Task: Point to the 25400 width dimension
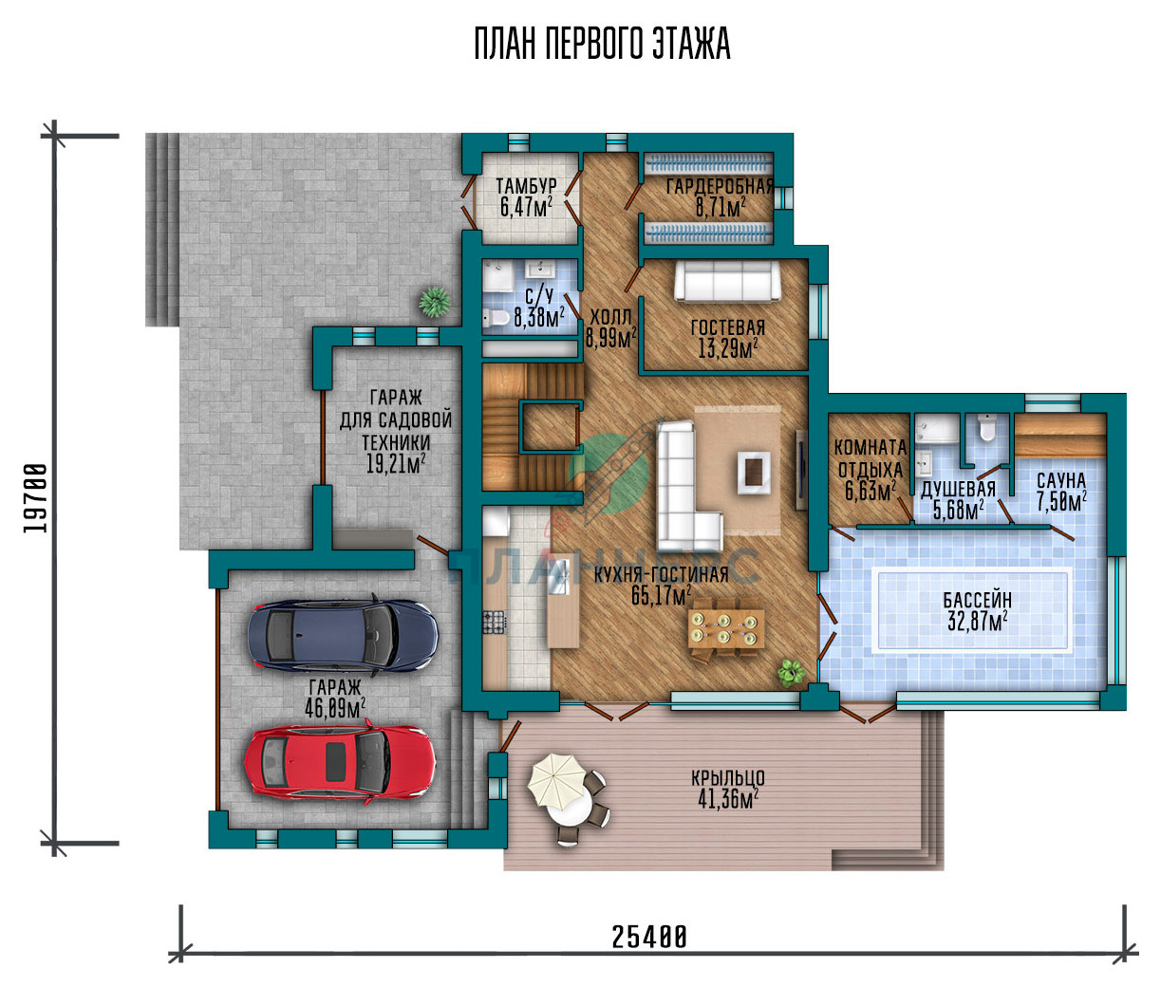point(648,937)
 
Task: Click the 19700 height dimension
point(35,498)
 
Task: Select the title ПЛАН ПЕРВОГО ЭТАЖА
point(602,44)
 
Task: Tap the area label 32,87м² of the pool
point(977,622)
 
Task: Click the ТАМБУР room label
point(526,185)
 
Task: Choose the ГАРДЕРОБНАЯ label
point(721,186)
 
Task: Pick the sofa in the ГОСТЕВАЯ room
point(727,282)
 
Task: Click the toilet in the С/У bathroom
point(496,318)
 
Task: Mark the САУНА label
point(1061,480)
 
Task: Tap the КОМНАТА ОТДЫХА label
point(871,458)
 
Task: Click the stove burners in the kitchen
point(495,622)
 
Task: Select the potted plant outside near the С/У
point(434,302)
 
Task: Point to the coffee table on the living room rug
point(754,474)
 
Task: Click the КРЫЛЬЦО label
point(728,777)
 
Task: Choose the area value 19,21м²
point(396,464)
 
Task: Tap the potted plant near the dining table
point(792,672)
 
